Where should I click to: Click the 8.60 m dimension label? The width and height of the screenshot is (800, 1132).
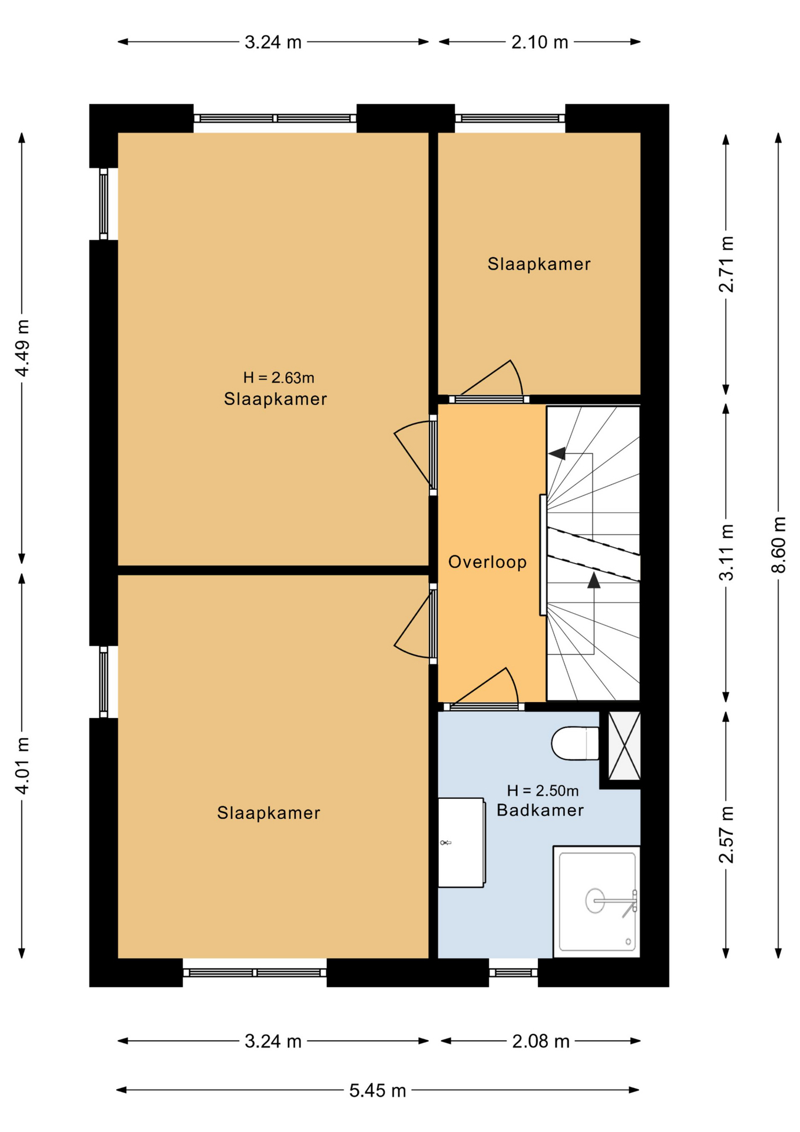[x=778, y=545]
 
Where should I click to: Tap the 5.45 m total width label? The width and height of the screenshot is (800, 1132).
[x=378, y=1090]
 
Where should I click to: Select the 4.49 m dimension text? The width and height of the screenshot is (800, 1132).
[x=22, y=348]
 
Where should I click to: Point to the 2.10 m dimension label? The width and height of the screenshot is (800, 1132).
[x=540, y=42]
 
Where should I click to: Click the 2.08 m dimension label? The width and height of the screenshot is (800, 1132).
[x=541, y=1041]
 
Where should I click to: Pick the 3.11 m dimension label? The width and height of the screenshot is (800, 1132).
[x=726, y=552]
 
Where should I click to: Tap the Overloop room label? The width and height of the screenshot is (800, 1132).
[x=487, y=562]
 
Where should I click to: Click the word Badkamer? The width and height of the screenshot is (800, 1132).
[x=540, y=810]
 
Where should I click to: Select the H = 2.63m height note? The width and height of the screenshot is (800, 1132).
[x=279, y=377]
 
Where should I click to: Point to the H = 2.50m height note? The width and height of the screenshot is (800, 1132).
[x=543, y=791]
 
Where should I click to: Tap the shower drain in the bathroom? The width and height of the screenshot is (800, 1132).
[x=595, y=901]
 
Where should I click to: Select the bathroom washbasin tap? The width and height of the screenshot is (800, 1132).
[x=446, y=843]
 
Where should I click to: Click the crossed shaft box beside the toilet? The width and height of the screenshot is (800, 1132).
[x=624, y=746]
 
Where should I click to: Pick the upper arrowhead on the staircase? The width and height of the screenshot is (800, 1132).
[x=557, y=453]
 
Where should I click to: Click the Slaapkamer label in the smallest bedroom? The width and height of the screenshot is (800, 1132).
[x=539, y=264]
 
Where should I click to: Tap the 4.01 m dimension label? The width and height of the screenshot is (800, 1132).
[x=22, y=765]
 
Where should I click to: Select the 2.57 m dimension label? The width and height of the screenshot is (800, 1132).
[x=726, y=834]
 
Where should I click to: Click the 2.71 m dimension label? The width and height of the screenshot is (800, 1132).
[x=726, y=264]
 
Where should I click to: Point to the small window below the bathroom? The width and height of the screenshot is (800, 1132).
[x=513, y=972]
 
